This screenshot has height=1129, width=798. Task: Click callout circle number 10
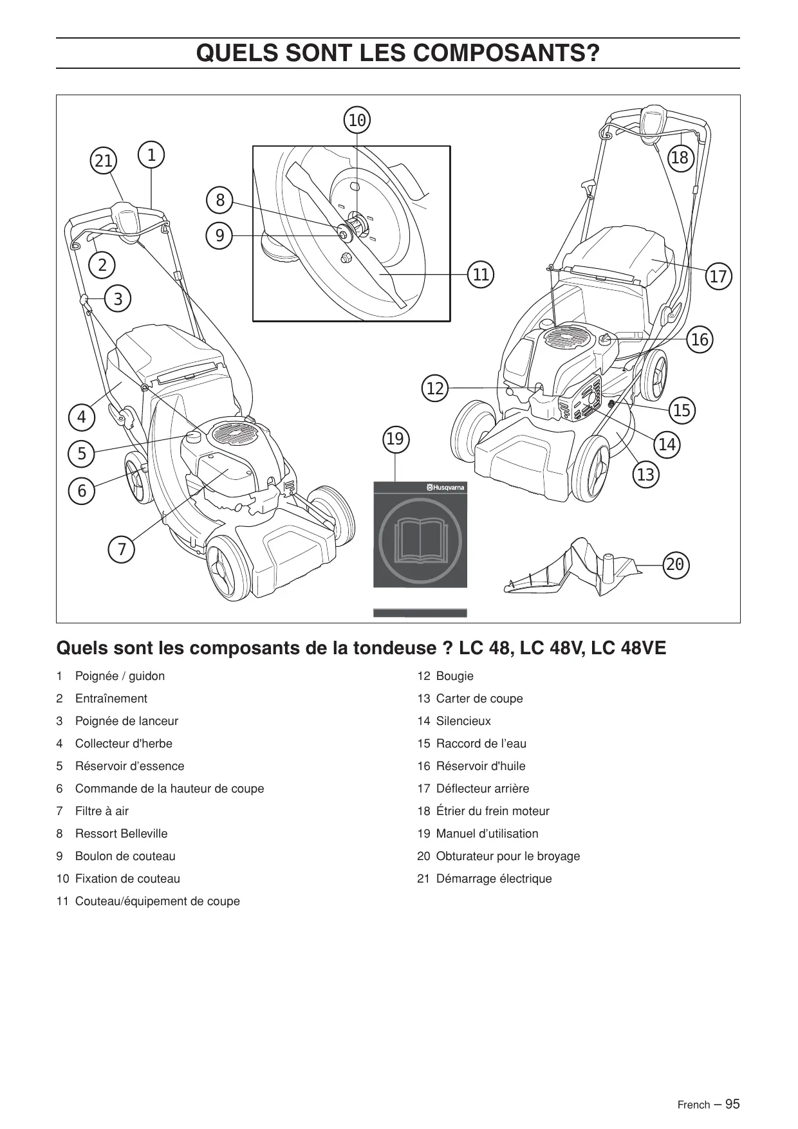(357, 120)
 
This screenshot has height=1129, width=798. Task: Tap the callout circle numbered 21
(104, 161)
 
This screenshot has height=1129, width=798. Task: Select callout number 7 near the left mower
(122, 550)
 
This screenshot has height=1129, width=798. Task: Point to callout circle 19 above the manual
(395, 439)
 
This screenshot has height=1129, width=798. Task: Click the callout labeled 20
(675, 565)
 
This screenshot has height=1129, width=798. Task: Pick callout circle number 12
(436, 389)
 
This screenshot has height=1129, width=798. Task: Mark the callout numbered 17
(718, 277)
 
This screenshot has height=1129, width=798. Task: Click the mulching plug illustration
(573, 569)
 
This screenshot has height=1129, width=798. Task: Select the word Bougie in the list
(454, 676)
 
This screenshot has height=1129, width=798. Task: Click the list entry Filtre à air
(102, 811)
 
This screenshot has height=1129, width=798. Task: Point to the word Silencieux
(463, 721)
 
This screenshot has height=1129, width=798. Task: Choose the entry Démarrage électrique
(494, 879)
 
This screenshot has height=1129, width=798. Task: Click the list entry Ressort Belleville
(121, 834)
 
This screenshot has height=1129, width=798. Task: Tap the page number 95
(732, 1104)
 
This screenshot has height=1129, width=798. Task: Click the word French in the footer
(693, 1105)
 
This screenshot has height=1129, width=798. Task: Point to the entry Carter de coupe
(479, 699)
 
